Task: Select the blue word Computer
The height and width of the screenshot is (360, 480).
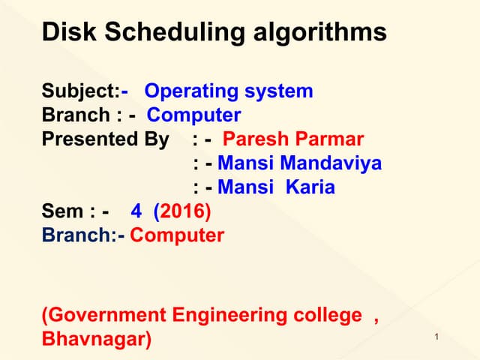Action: pos(193,115)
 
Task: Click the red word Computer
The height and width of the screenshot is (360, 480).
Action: pos(177,235)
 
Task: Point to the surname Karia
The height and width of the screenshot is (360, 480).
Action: pos(310,187)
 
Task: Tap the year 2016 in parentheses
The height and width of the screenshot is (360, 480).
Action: pos(183,211)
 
